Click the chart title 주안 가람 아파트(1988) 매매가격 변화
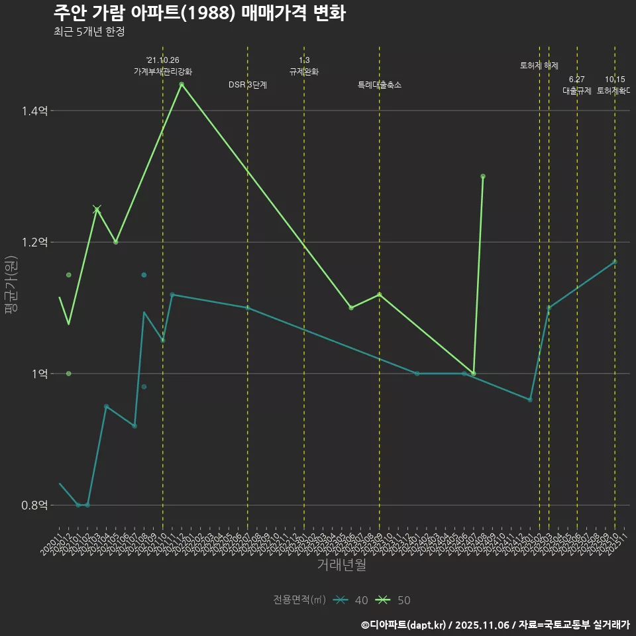pyautogui.click(x=199, y=13)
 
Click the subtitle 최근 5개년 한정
pyautogui.click(x=89, y=32)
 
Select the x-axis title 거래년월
pyautogui.click(x=341, y=564)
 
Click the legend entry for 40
pyautogui.click(x=351, y=600)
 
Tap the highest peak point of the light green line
pyautogui.click(x=182, y=84)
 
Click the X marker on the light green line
pyautogui.click(x=97, y=209)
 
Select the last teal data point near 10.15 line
pyautogui.click(x=615, y=262)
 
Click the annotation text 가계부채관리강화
pyautogui.click(x=163, y=71)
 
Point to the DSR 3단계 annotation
pyautogui.click(x=247, y=85)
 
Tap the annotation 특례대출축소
pyautogui.click(x=379, y=85)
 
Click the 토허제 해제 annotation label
pyautogui.click(x=539, y=66)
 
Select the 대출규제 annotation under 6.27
pyautogui.click(x=576, y=91)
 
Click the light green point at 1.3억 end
pyautogui.click(x=483, y=176)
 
